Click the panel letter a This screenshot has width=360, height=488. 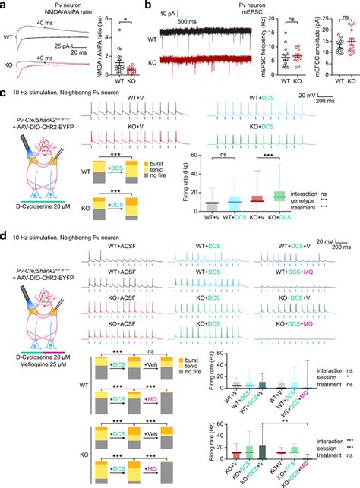click(x=5, y=5)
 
